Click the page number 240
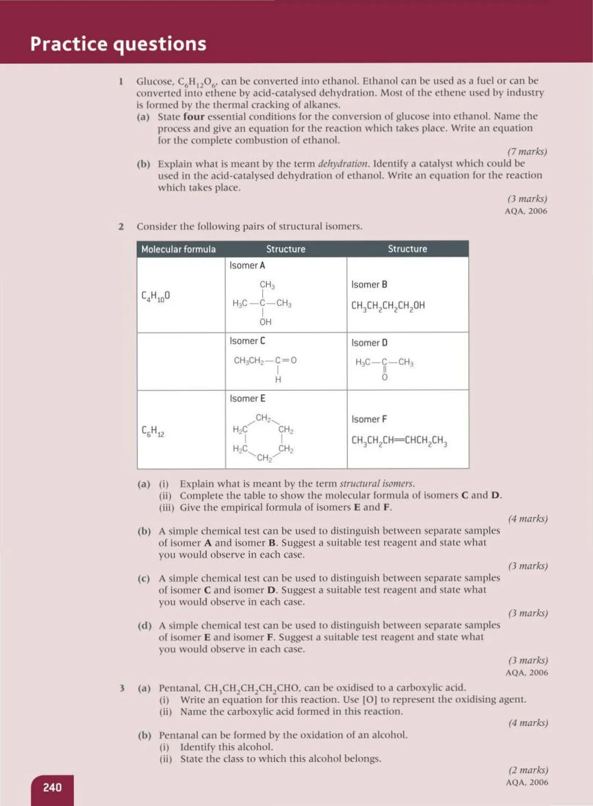[52, 787]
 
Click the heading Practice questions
[118, 44]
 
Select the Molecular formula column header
[178, 249]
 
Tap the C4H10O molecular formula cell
[155, 296]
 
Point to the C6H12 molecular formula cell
[153, 431]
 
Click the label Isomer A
[247, 265]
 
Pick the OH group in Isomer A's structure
[265, 322]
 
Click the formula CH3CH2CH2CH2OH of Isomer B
[388, 306]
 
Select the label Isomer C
[247, 341]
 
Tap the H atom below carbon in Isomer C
[278, 380]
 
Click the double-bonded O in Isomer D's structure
[384, 377]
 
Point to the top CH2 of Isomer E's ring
[263, 418]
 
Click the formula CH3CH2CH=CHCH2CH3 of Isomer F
[399, 440]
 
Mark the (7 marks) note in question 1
[527, 151]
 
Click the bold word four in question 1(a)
[194, 117]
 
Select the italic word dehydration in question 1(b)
[343, 163]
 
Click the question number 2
[121, 226]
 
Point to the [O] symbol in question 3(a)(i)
[370, 699]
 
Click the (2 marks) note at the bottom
[528, 770]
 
